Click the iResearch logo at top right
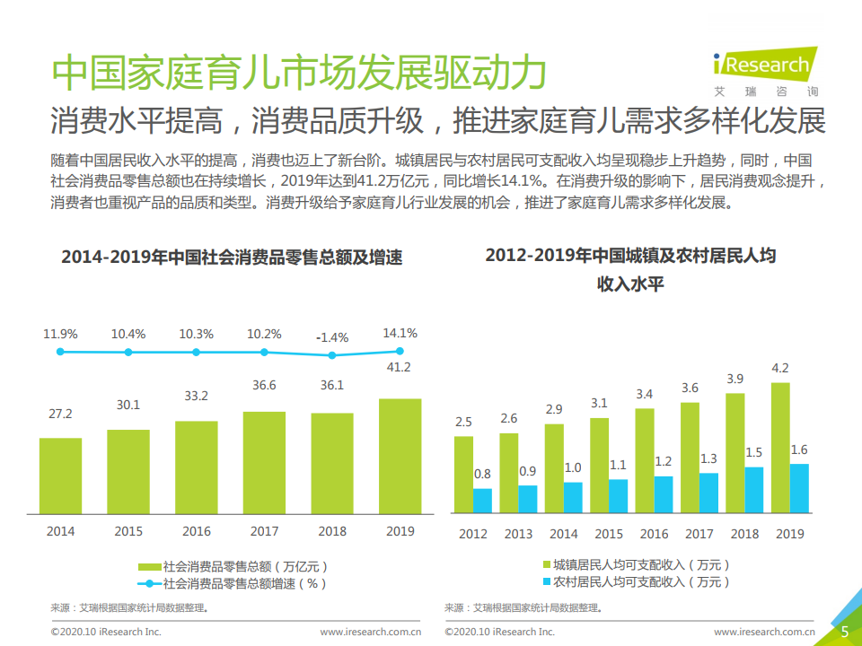pyautogui.click(x=762, y=69)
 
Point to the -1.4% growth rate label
pyautogui.click(x=332, y=338)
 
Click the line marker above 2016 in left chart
pyautogui.click(x=197, y=352)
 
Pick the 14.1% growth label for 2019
pyautogui.click(x=400, y=334)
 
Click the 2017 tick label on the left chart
pyautogui.click(x=264, y=531)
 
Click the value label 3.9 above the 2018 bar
pyautogui.click(x=734, y=379)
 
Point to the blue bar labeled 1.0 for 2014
pyautogui.click(x=573, y=497)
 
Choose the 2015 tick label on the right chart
pyautogui.click(x=609, y=534)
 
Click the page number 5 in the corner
pyautogui.click(x=844, y=631)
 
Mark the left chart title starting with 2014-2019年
pyautogui.click(x=232, y=258)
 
